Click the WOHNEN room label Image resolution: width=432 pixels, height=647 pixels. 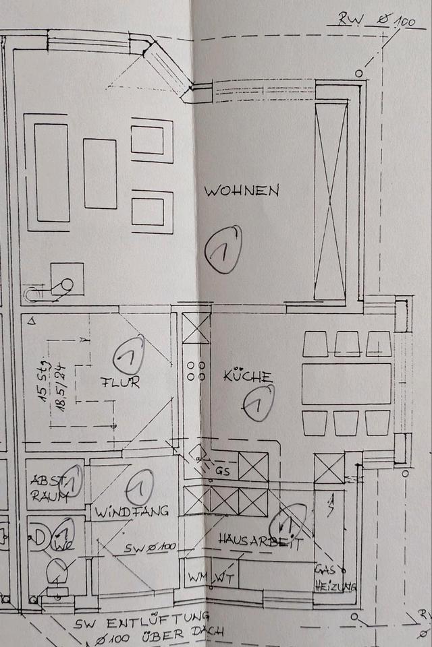tap(242, 191)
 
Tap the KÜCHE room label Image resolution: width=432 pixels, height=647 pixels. tap(248, 376)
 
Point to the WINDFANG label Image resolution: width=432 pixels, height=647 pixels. tap(131, 510)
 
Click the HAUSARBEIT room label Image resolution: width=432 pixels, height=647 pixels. tap(260, 540)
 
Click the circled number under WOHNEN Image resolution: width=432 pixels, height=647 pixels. tap(223, 249)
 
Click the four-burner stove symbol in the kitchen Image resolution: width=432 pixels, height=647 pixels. tap(196, 371)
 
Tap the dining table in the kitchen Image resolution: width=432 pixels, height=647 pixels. tap(346, 384)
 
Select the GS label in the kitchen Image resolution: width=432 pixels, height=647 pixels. tap(223, 472)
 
